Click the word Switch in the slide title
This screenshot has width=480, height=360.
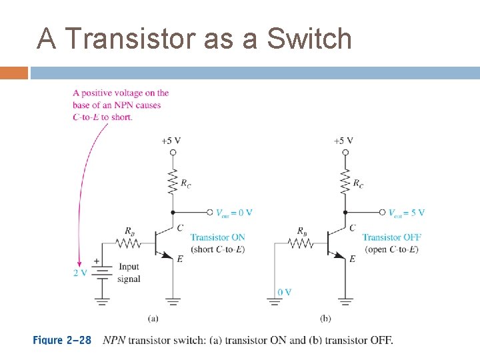tap(309, 39)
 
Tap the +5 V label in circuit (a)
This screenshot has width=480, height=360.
tap(171, 141)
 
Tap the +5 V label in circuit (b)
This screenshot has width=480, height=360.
tap(343, 141)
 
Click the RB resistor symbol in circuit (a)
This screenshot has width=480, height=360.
tap(129, 245)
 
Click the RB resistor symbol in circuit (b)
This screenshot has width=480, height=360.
tap(301, 245)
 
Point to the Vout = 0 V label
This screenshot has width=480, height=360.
tap(233, 213)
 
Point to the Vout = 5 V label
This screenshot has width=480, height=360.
tap(406, 213)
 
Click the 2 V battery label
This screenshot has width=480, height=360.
tap(80, 273)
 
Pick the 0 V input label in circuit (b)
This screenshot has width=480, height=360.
tap(284, 292)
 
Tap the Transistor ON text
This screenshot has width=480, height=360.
tap(217, 237)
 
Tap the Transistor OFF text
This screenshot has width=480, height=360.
tap(391, 237)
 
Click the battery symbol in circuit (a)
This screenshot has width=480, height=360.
tap(101, 273)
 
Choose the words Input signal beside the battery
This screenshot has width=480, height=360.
tap(129, 273)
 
